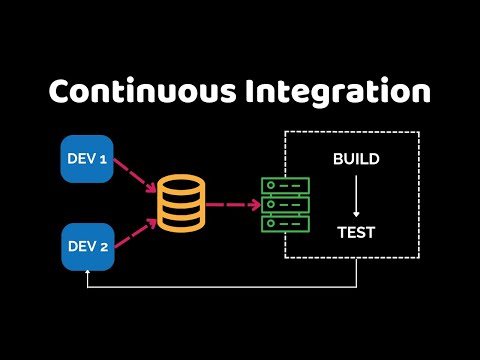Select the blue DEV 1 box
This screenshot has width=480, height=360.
(87, 159)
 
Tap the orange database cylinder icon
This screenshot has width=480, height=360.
(181, 204)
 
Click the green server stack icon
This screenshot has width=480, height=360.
(285, 205)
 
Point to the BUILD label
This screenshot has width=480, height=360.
(355, 160)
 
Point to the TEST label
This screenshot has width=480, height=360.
(355, 233)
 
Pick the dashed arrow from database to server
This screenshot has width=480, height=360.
(232, 205)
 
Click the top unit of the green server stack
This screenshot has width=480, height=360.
(285, 186)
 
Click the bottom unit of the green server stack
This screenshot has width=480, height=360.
(285, 224)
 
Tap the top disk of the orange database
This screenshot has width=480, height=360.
(181, 184)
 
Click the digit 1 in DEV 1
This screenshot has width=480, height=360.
(103, 159)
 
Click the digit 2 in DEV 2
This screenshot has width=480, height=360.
(103, 247)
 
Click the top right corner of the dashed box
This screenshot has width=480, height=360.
(418, 132)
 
